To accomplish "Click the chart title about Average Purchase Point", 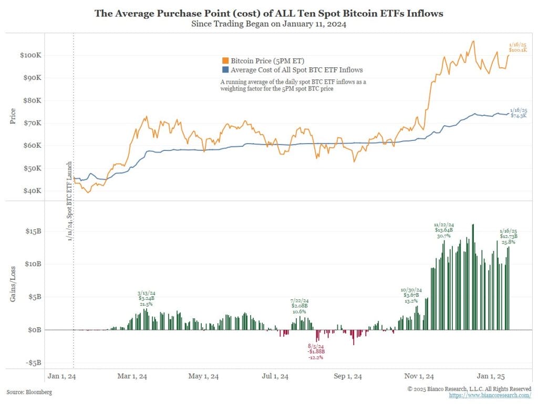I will tap(268, 13).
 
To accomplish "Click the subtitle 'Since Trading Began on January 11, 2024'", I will tap(268, 24).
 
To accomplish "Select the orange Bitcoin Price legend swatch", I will tap(225, 61).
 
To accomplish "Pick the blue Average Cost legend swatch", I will tap(225, 69).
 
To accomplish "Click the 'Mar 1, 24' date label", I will tap(131, 376).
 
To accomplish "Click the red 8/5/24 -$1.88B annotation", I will tap(316, 351).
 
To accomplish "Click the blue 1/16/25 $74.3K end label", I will tap(518, 113).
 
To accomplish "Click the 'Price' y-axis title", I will tap(13, 116).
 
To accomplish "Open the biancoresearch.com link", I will tap(491, 395).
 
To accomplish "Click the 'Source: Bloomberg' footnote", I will tap(29, 392).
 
